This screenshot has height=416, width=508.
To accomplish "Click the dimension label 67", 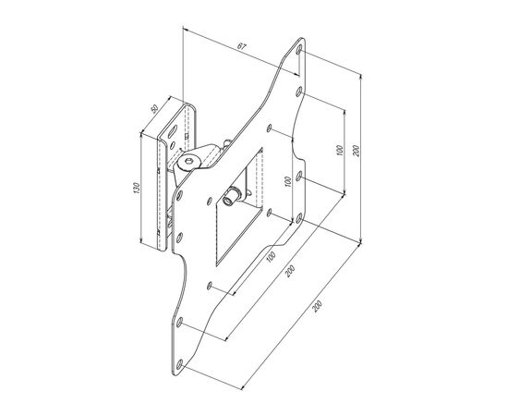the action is [x=242, y=46].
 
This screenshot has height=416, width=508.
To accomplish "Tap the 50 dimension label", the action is [x=154, y=108].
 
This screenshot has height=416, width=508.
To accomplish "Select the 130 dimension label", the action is [x=136, y=188].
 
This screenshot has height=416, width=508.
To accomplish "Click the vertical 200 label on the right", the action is [x=357, y=150].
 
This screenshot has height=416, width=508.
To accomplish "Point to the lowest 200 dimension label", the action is [x=318, y=306].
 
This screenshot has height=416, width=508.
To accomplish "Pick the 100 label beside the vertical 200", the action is [x=340, y=150].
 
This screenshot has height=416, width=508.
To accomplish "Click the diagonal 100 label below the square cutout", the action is [x=271, y=256].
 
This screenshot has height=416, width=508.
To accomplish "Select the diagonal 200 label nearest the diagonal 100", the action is [x=290, y=272].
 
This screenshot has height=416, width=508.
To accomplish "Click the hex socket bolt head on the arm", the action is [x=188, y=161].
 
